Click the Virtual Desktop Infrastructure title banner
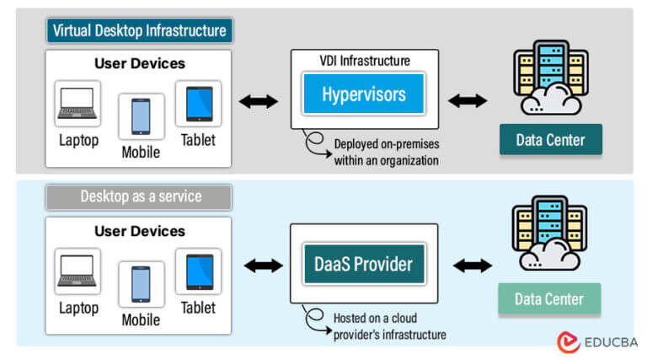pyautogui.click(x=139, y=31)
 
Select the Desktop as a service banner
pyautogui.click(x=139, y=196)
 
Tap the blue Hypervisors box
pyautogui.click(x=364, y=93)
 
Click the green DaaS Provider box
pyautogui.click(x=364, y=264)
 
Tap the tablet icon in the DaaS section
pyautogui.click(x=198, y=272)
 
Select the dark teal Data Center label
pyautogui.click(x=550, y=140)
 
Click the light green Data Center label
pyautogui.click(x=549, y=299)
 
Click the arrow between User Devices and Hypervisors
pyautogui.click(x=258, y=102)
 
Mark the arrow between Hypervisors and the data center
pyautogui.click(x=468, y=101)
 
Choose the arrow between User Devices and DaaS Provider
pyautogui.click(x=262, y=266)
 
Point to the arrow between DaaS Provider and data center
pyautogui.click(x=472, y=266)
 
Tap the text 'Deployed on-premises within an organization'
pyautogui.click(x=385, y=152)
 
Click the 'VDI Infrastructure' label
pyautogui.click(x=365, y=61)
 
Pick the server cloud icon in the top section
pyautogui.click(x=548, y=77)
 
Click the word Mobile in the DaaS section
pyautogui.click(x=141, y=320)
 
